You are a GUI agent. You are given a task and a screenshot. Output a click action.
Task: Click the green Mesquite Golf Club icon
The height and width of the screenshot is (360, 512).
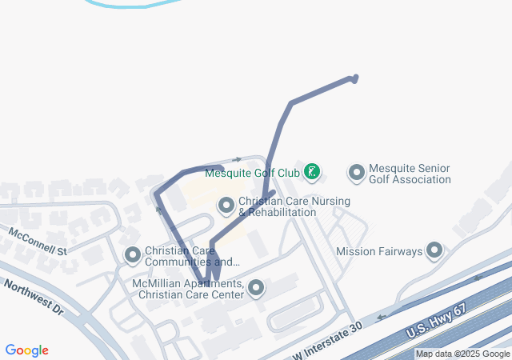(x=312, y=172)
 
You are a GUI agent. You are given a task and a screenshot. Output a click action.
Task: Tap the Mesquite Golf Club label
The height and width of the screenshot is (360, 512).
(x=252, y=172)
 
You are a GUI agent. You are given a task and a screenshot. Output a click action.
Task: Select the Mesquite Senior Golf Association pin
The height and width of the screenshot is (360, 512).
(x=357, y=173)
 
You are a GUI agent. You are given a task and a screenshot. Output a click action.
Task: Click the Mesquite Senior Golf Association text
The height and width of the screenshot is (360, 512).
(x=410, y=174)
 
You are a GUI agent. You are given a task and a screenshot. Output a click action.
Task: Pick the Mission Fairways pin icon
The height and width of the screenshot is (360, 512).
(x=434, y=251)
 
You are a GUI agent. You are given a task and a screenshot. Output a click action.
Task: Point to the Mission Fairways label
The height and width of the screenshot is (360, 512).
(x=379, y=251)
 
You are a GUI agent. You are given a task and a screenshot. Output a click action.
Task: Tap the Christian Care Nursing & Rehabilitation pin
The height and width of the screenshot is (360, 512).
(x=226, y=206)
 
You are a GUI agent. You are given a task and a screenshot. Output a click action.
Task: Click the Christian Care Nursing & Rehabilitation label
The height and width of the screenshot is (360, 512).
(x=277, y=207)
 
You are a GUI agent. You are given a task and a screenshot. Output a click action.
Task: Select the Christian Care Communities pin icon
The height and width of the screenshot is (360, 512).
(x=133, y=255)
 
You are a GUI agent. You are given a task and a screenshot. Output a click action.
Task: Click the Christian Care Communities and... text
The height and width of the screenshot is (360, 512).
(x=192, y=256)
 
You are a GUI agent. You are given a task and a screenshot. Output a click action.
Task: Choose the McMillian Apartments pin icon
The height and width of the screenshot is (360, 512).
(x=256, y=288)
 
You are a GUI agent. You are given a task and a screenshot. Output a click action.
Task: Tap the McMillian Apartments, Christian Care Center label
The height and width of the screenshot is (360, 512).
(x=190, y=289)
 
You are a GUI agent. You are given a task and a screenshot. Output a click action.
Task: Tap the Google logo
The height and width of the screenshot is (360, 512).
(x=27, y=350)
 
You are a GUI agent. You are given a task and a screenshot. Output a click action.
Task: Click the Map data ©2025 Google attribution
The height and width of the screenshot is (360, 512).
(x=462, y=354)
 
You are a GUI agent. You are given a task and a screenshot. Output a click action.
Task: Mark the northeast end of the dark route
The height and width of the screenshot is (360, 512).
(x=354, y=78)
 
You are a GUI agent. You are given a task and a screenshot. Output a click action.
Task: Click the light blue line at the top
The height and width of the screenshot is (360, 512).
(x=120, y=4)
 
